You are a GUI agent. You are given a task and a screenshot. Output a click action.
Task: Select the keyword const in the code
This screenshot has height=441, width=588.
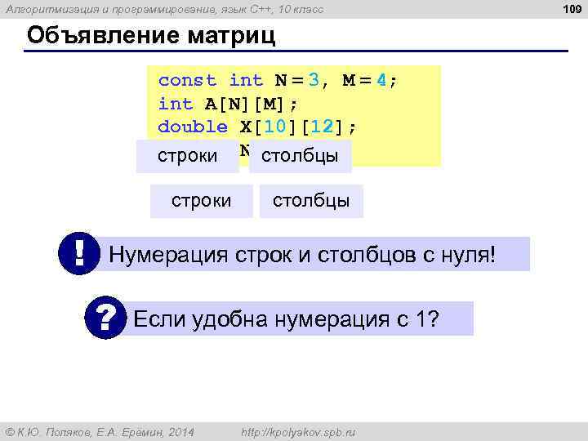point(187,80)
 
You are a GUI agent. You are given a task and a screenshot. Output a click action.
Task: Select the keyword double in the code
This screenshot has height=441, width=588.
point(193,127)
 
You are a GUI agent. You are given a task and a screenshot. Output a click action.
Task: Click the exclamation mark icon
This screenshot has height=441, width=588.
point(79,254)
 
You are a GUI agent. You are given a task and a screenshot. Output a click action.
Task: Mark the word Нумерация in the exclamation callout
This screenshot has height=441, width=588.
point(158,254)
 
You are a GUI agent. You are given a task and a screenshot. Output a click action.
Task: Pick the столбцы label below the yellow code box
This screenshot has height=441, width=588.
point(310,201)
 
